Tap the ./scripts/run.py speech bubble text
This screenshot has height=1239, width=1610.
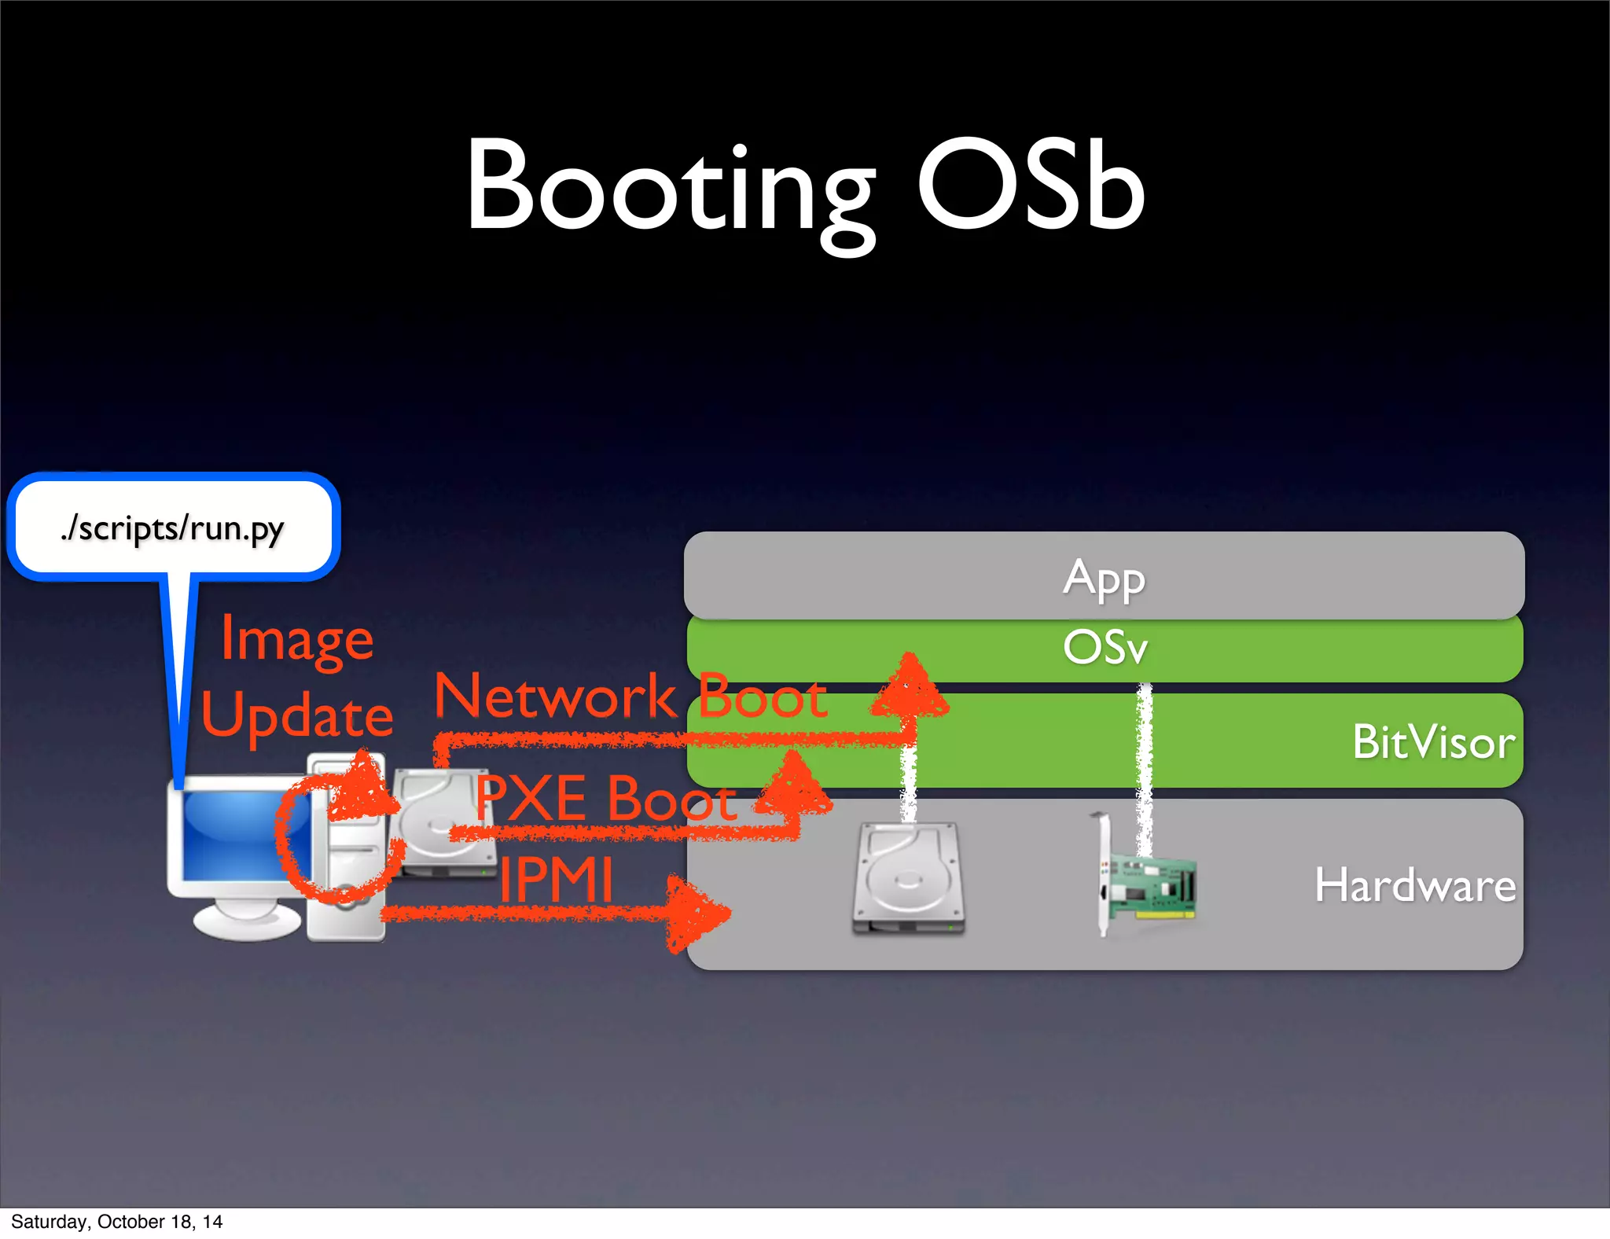coord(172,528)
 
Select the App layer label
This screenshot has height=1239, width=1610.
coord(1104,579)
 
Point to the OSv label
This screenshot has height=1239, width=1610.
coord(1105,648)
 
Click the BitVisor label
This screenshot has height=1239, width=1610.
coord(1433,742)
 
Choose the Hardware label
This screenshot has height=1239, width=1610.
coord(1415,885)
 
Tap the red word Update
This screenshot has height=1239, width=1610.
coord(297,715)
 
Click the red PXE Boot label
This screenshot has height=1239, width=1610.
coord(606,799)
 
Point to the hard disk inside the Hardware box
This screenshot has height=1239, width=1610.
coord(909,879)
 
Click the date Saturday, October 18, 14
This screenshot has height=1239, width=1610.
coord(116,1221)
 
